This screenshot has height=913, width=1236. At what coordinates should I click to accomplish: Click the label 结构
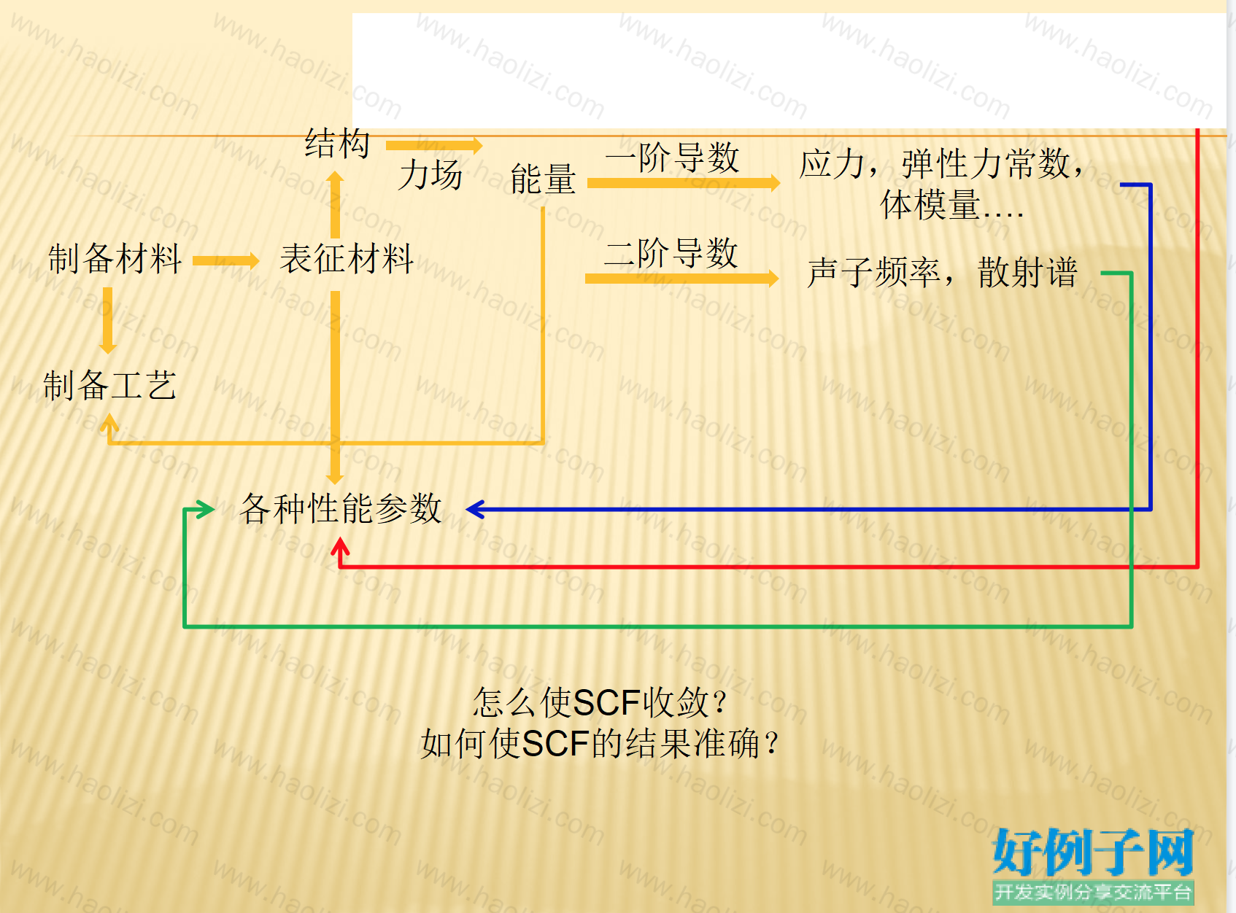pyautogui.click(x=337, y=143)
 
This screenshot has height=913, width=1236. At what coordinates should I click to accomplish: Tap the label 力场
pyautogui.click(x=430, y=175)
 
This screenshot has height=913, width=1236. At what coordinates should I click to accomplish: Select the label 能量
pyautogui.click(x=543, y=179)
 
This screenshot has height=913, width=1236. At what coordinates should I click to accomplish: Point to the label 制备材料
pyautogui.click(x=115, y=258)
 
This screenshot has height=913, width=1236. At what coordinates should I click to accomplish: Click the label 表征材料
pyautogui.click(x=346, y=258)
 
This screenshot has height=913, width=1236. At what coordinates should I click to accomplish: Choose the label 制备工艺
pyautogui.click(x=109, y=386)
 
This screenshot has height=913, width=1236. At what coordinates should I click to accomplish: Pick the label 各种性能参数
pyautogui.click(x=341, y=508)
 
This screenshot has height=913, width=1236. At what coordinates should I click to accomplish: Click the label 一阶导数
pyautogui.click(x=673, y=157)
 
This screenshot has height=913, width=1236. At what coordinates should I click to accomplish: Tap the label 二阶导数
pyautogui.click(x=671, y=253)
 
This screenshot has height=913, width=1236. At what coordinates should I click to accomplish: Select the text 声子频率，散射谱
pyautogui.click(x=943, y=273)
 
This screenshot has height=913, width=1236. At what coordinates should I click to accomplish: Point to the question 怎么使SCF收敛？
pyautogui.click(x=601, y=702)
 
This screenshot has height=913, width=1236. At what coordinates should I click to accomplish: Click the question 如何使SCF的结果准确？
pyautogui.click(x=600, y=743)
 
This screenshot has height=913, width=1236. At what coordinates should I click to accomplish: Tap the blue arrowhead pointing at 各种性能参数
pyautogui.click(x=475, y=509)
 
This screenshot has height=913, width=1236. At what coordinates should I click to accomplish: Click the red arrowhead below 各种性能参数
pyautogui.click(x=340, y=546)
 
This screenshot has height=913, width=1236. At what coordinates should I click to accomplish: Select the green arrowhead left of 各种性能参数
pyautogui.click(x=205, y=509)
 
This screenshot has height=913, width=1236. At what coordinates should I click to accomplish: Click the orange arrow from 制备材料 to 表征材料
pyautogui.click(x=225, y=260)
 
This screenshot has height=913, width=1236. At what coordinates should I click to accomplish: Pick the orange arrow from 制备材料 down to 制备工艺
pyautogui.click(x=107, y=321)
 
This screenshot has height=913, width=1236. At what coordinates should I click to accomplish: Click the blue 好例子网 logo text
pyautogui.click(x=1093, y=852)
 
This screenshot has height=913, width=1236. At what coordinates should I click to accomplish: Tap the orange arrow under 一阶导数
pyautogui.click(x=684, y=183)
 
